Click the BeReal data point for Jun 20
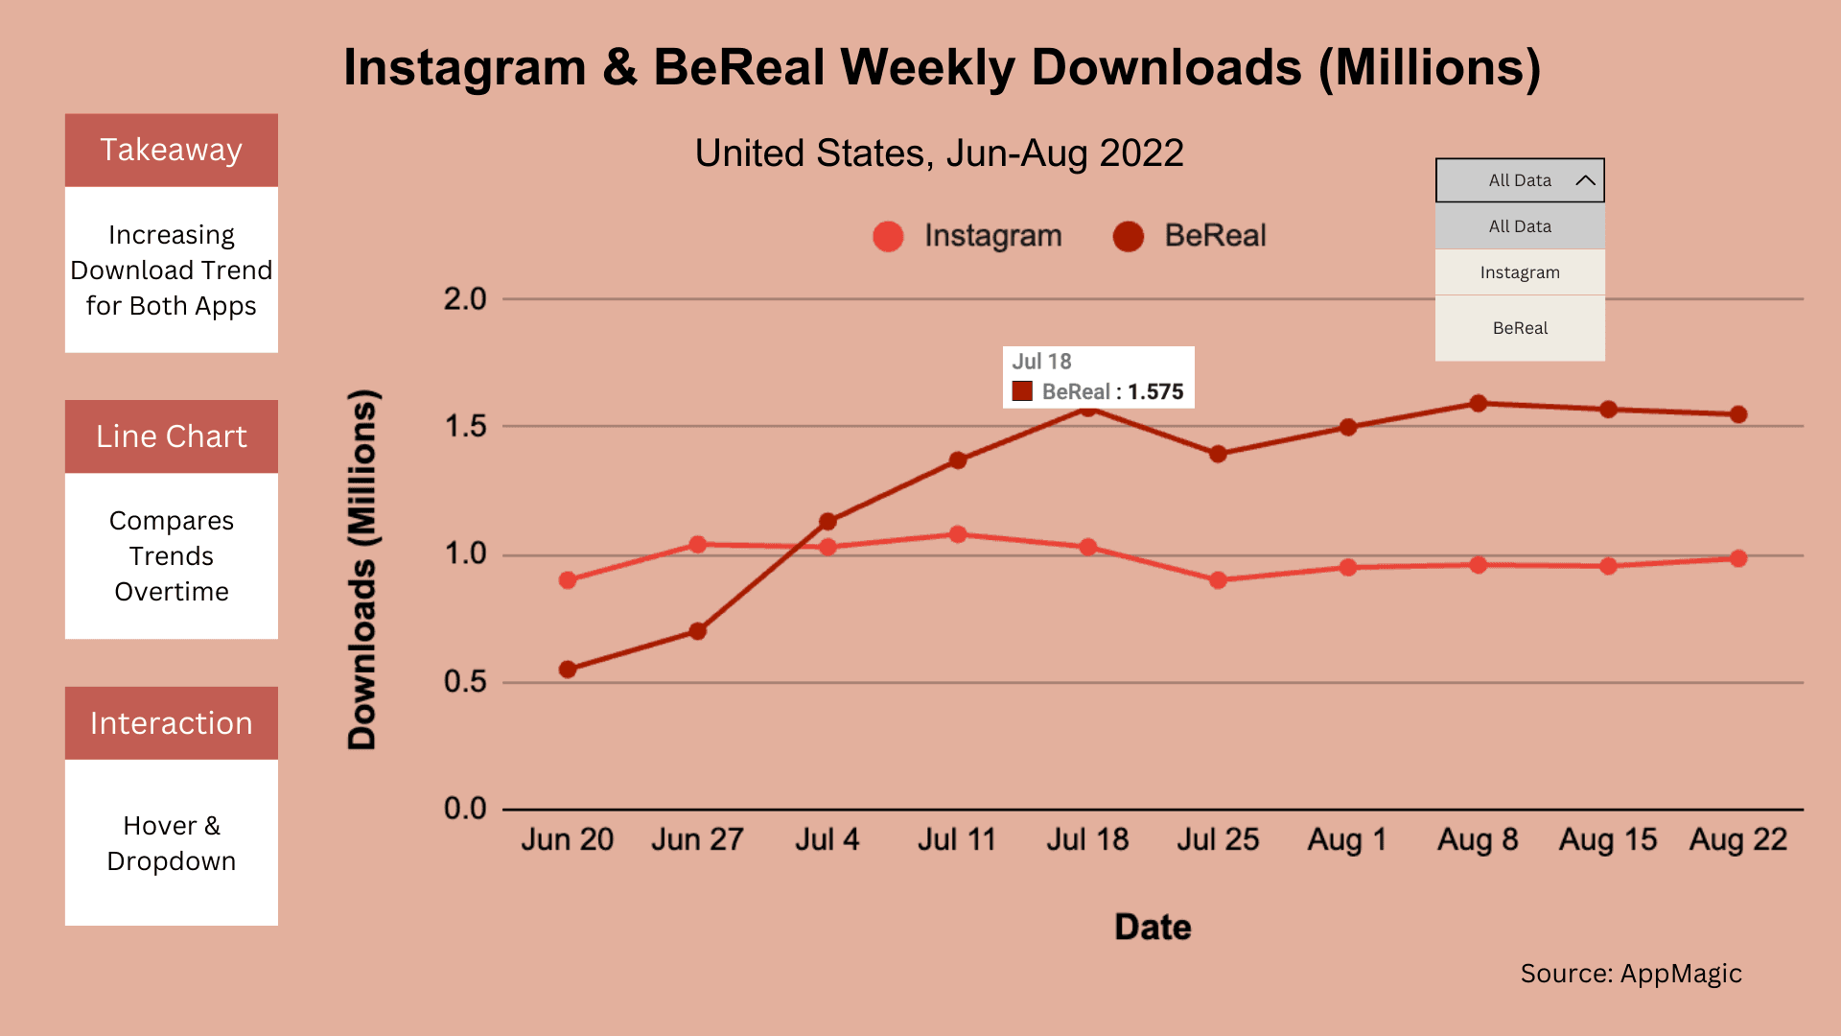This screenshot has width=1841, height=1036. (568, 670)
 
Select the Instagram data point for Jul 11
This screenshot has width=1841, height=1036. (958, 534)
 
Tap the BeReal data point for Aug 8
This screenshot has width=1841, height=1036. (1479, 404)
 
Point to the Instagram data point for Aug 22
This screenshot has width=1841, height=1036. (1738, 558)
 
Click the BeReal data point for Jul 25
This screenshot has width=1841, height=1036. (1218, 454)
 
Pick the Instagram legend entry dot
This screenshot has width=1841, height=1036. (888, 236)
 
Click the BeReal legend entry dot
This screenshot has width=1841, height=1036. (1129, 236)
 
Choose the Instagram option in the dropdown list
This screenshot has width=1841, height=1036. (1520, 272)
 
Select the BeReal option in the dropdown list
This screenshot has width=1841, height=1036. (1520, 328)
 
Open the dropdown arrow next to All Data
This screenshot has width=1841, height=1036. (1585, 180)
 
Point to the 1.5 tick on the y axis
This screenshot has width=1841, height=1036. (465, 427)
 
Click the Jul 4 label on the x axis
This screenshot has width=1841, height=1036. (827, 840)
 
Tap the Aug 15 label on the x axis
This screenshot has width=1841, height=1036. (1608, 840)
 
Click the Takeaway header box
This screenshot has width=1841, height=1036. (172, 151)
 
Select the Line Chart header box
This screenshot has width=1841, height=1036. (172, 436)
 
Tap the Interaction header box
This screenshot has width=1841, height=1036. (172, 723)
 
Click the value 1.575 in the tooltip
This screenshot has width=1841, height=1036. (1155, 391)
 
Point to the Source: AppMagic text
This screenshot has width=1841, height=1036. (1631, 974)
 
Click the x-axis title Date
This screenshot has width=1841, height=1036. (1153, 928)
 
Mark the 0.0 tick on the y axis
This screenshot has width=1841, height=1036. (465, 809)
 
